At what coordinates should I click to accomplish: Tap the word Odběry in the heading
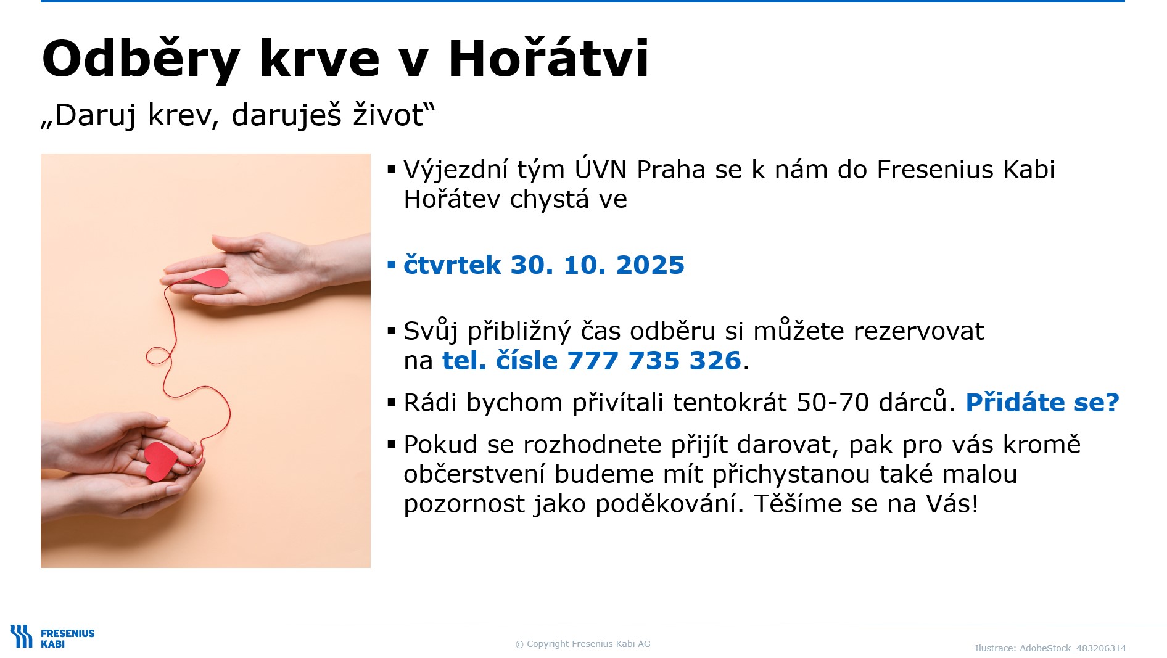point(141,59)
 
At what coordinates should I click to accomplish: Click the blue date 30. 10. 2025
point(598,265)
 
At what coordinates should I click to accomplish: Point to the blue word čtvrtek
point(452,265)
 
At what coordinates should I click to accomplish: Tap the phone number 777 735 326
point(654,361)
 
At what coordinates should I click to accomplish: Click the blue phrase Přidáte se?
point(1042,403)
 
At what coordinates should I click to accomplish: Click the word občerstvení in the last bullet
point(474,474)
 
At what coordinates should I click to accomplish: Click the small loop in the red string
point(158,356)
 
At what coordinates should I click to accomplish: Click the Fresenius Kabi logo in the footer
point(52,637)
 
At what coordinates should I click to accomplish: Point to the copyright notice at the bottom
point(583,644)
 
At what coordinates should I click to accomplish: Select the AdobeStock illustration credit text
point(1050,648)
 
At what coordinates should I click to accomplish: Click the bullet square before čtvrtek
point(391,265)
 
